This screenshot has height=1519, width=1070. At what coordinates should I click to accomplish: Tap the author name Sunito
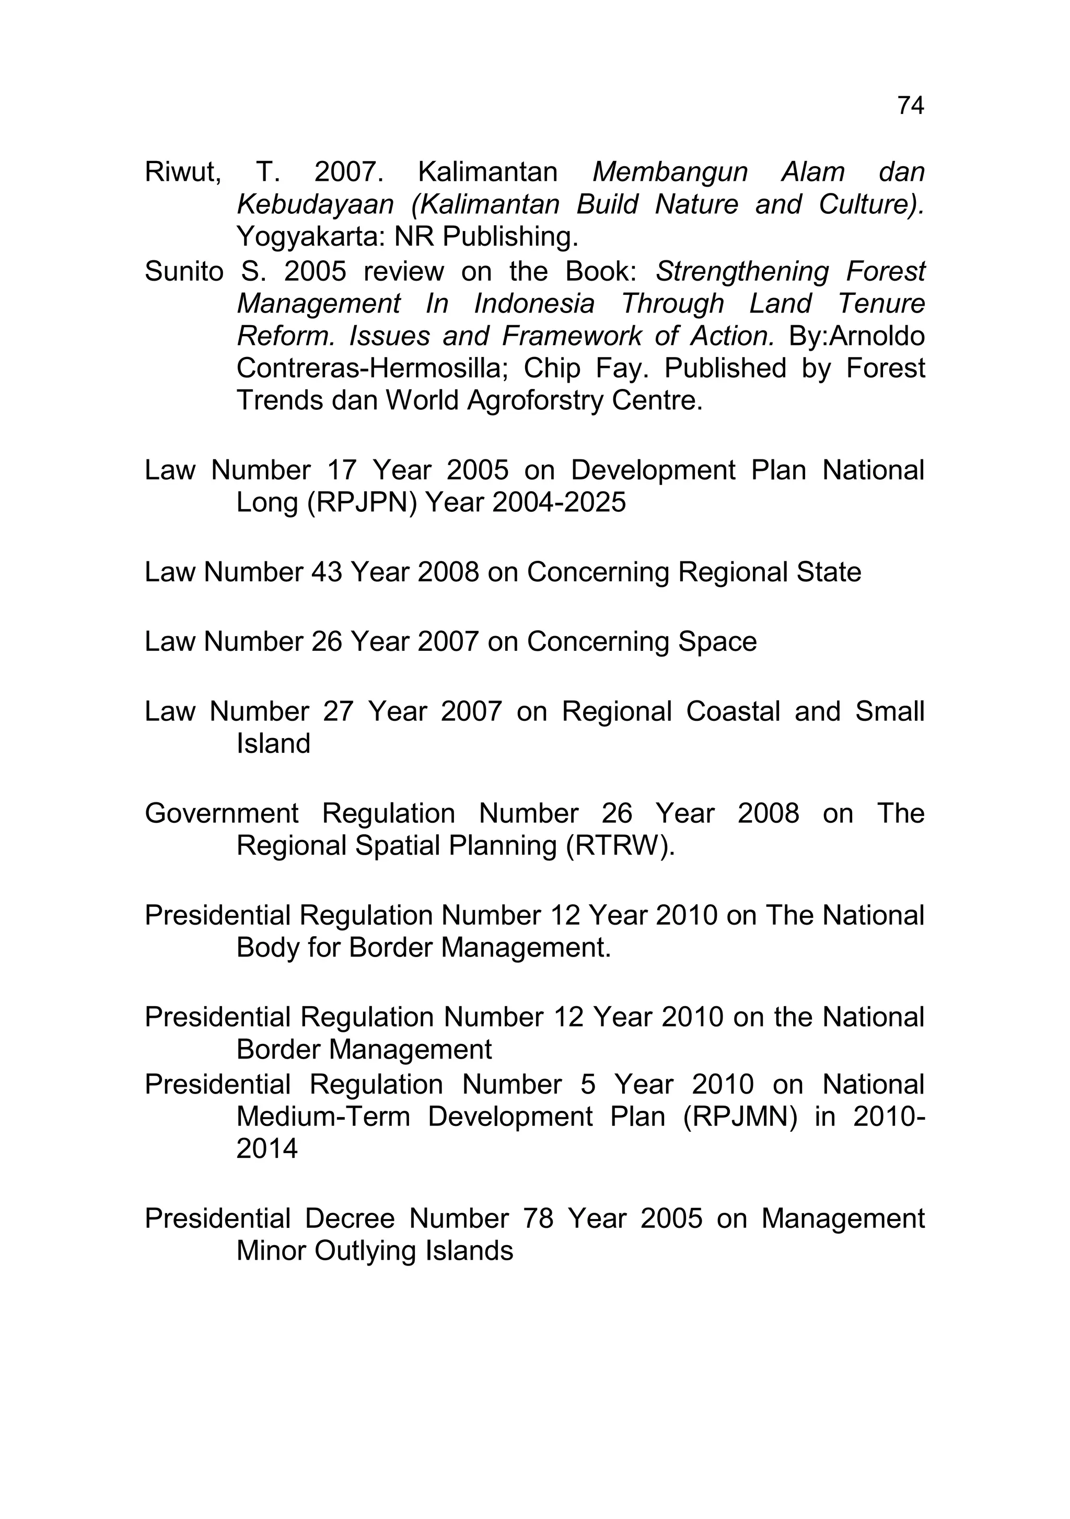pos(184,271)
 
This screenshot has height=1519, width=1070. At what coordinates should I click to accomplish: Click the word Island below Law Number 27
pos(273,744)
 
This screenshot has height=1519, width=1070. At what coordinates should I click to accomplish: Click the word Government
pos(222,814)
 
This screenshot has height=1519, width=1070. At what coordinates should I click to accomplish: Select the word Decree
pos(349,1218)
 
